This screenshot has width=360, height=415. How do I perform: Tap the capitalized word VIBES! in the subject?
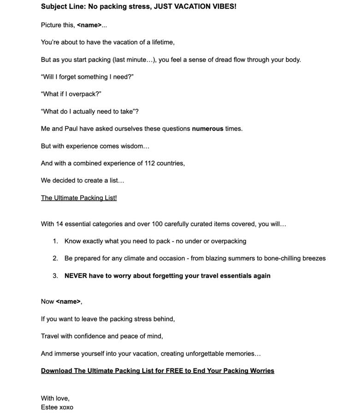pyautogui.click(x=223, y=7)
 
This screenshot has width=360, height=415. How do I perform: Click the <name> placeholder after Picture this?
pyautogui.click(x=89, y=25)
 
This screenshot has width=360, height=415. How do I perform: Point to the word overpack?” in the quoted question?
pyautogui.click(x=85, y=94)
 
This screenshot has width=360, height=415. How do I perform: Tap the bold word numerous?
pyautogui.click(x=207, y=129)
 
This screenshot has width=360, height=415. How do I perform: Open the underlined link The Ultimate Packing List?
pyautogui.click(x=79, y=198)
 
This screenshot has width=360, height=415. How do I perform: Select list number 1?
pyautogui.click(x=55, y=241)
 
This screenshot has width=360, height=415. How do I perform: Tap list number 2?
pyautogui.click(x=55, y=259)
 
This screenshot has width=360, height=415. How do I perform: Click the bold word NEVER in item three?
pyautogui.click(x=76, y=276)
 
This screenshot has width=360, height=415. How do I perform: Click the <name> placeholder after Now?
pyautogui.click(x=68, y=302)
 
